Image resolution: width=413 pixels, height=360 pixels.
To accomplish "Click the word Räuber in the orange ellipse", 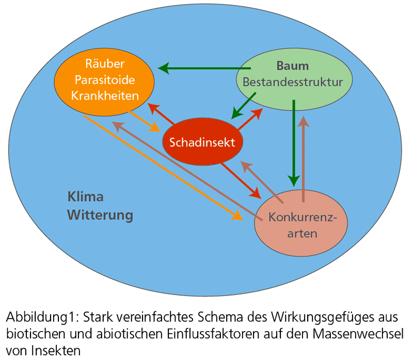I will [x=106, y=64].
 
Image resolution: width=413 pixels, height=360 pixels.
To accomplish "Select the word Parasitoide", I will [x=106, y=80].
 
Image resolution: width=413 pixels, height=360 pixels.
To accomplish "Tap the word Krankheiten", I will [x=106, y=95].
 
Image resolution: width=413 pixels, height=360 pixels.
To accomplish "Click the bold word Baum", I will [x=292, y=66].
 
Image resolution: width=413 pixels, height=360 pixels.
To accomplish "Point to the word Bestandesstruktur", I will [x=292, y=82].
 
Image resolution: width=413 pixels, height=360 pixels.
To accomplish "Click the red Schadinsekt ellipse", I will [x=203, y=142].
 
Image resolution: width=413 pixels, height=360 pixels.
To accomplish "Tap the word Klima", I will [x=86, y=197].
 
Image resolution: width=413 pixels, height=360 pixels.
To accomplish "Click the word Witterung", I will [x=100, y=215].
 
